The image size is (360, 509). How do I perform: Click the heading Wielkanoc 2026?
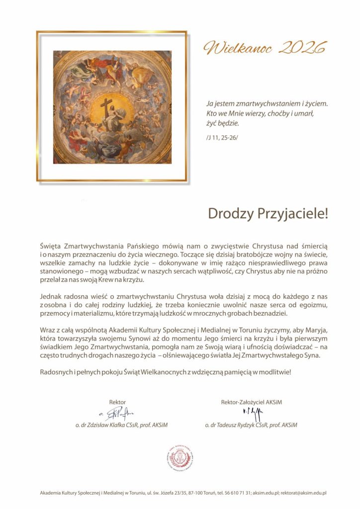(264, 48)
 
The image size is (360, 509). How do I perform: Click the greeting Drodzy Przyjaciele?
(268, 214)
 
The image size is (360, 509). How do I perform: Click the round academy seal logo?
(180, 459)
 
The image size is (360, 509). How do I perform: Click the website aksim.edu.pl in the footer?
(266, 493)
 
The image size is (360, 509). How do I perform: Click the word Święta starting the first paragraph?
(51, 246)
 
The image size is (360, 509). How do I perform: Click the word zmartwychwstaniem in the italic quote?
(261, 104)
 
